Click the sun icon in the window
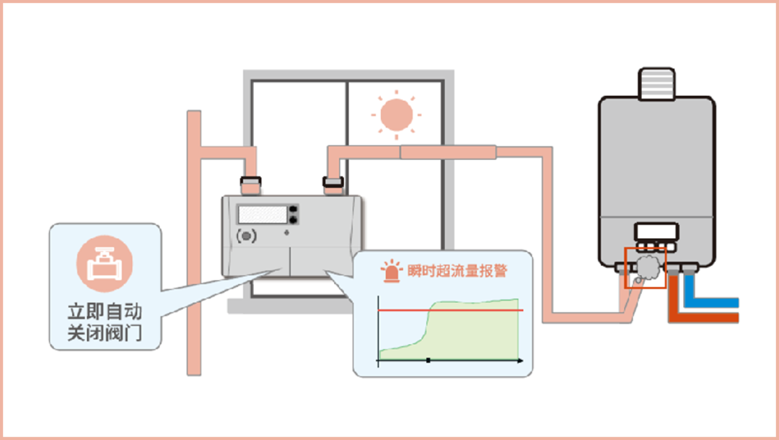tap(395, 114)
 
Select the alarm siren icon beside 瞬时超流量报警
tap(392, 271)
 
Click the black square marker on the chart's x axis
tap(428, 359)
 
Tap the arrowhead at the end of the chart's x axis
tap(521, 359)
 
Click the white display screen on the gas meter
tap(262, 214)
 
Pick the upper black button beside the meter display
tap(293, 209)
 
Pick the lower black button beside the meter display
tap(293, 219)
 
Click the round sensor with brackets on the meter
tap(247, 236)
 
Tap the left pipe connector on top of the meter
tap(250, 182)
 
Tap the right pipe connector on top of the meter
tap(333, 182)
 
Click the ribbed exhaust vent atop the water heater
tap(656, 83)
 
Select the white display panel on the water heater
tap(656, 232)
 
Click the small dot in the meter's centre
tap(287, 232)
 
